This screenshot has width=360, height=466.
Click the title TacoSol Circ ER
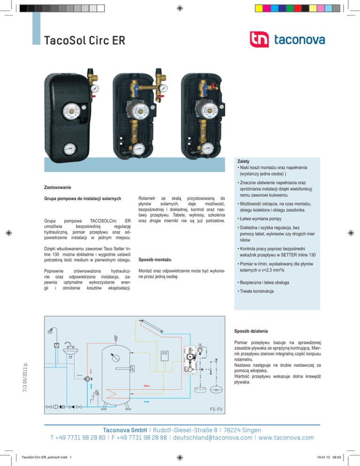[85, 41]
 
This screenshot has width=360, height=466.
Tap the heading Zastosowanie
[58, 188]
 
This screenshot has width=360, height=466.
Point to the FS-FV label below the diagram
[215, 409]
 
